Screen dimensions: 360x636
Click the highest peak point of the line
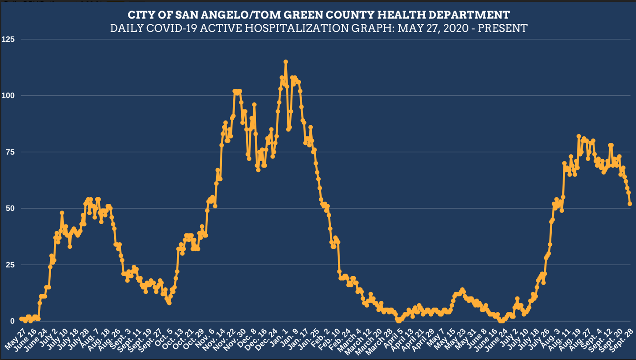pos(286,62)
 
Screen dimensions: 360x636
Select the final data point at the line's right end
pos(630,204)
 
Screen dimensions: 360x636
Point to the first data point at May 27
pos(21,319)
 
